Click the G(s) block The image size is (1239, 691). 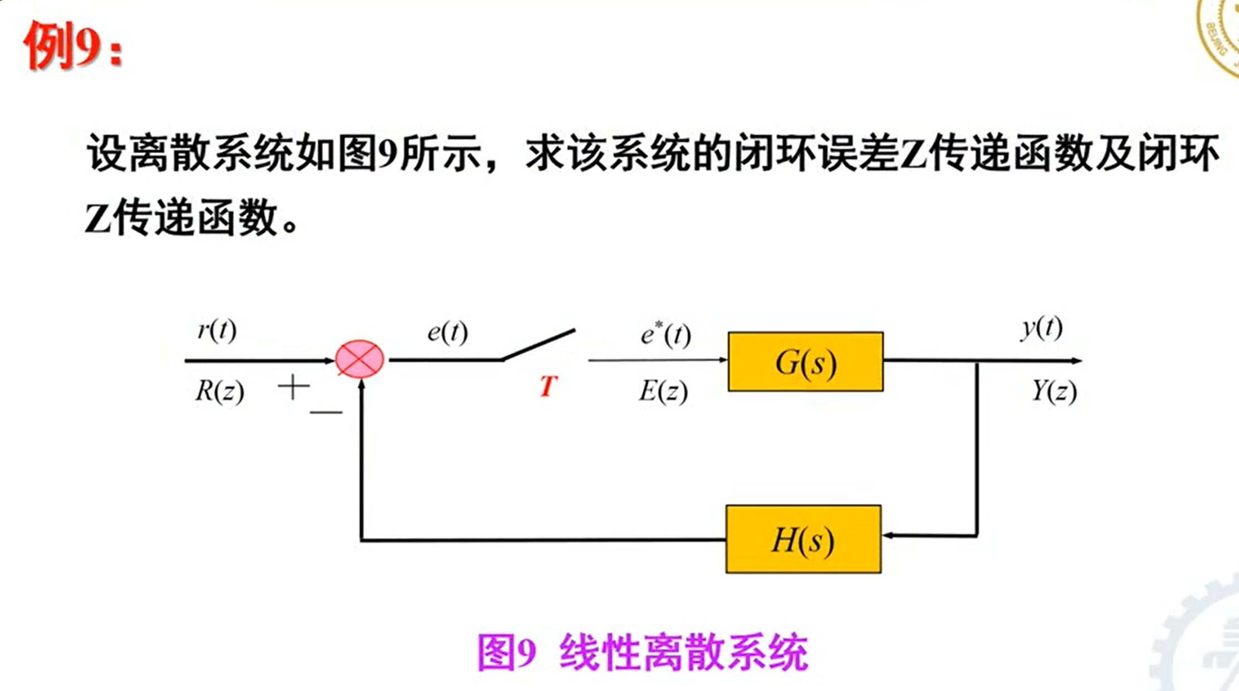(x=805, y=362)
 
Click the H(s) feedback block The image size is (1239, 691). (x=803, y=539)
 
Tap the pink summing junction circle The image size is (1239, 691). (x=359, y=359)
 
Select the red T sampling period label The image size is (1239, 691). (x=548, y=386)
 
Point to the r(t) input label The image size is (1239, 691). (x=217, y=330)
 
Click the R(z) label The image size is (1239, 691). (x=219, y=391)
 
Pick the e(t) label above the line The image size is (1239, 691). (x=447, y=332)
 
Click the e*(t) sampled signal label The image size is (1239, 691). (x=665, y=334)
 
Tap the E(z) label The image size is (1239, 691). (x=663, y=391)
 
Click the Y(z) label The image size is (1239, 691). (x=1054, y=391)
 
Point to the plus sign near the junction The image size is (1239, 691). (x=293, y=387)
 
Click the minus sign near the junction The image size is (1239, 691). (x=326, y=412)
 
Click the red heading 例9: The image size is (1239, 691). (x=72, y=46)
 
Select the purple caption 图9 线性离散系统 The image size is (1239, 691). (x=643, y=652)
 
